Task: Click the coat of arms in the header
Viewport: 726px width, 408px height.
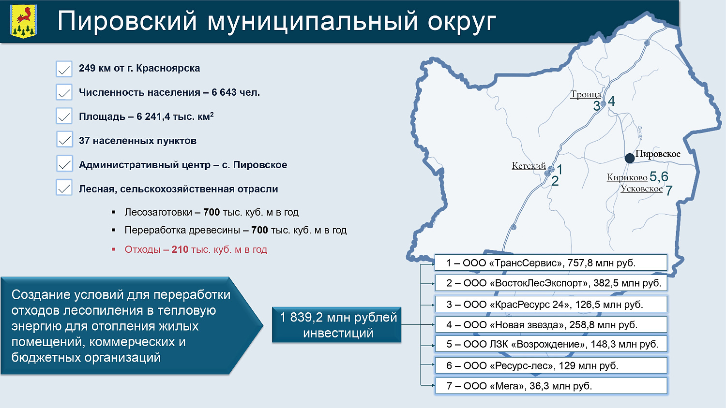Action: pyautogui.click(x=24, y=21)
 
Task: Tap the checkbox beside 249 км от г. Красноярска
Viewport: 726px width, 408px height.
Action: pyautogui.click(x=64, y=69)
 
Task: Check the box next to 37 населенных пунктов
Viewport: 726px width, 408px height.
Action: pyautogui.click(x=64, y=140)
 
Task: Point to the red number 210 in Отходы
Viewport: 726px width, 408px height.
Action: pyautogui.click(x=180, y=249)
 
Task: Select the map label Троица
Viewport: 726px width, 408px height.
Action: pyautogui.click(x=586, y=94)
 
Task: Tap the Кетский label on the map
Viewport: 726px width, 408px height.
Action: pyautogui.click(x=529, y=166)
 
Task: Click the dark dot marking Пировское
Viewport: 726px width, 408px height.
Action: pyautogui.click(x=629, y=158)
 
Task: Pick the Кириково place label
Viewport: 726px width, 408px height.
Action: pyautogui.click(x=627, y=177)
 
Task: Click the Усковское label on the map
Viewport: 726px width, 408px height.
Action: pyautogui.click(x=641, y=189)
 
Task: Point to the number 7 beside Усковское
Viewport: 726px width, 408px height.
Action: pyautogui.click(x=669, y=190)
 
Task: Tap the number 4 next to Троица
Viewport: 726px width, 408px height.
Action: pyautogui.click(x=612, y=101)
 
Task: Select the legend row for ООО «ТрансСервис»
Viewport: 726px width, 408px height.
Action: pyautogui.click(x=551, y=263)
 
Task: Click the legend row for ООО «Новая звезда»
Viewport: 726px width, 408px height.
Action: pyautogui.click(x=551, y=325)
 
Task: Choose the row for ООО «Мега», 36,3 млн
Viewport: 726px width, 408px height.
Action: pyautogui.click(x=551, y=386)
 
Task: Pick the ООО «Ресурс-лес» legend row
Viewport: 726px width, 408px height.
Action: pyautogui.click(x=551, y=365)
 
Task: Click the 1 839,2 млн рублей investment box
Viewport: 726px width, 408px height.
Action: pyautogui.click(x=337, y=325)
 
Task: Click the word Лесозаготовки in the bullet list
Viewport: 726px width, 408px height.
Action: pyautogui.click(x=158, y=212)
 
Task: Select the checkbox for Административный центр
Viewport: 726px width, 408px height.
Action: pyautogui.click(x=64, y=164)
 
